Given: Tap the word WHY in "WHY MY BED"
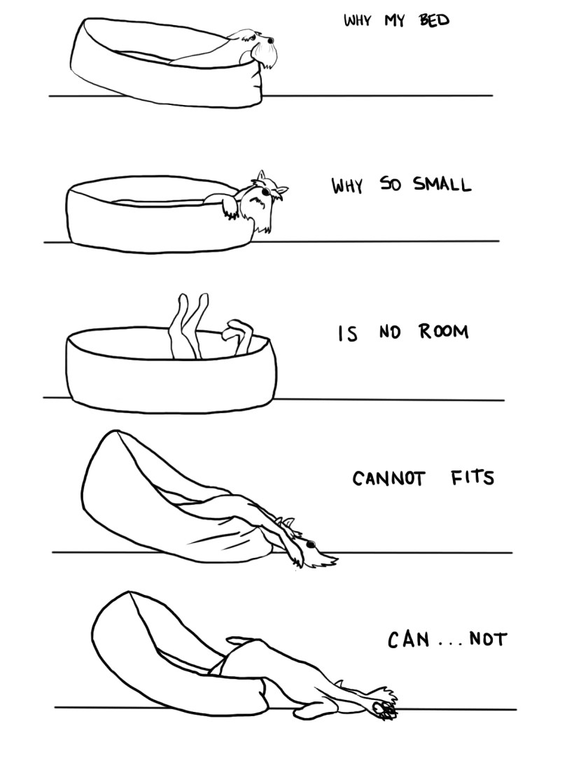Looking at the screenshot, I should pos(357,20).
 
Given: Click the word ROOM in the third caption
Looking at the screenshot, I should pos(444,331).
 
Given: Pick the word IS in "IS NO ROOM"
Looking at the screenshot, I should pos(347,334).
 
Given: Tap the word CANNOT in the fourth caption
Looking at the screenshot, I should pos(388,479).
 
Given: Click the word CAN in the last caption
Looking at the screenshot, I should pos(408,640).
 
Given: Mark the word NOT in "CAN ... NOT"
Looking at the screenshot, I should pos(487,640).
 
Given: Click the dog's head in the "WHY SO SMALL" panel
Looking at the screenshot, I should pos(267,190).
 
